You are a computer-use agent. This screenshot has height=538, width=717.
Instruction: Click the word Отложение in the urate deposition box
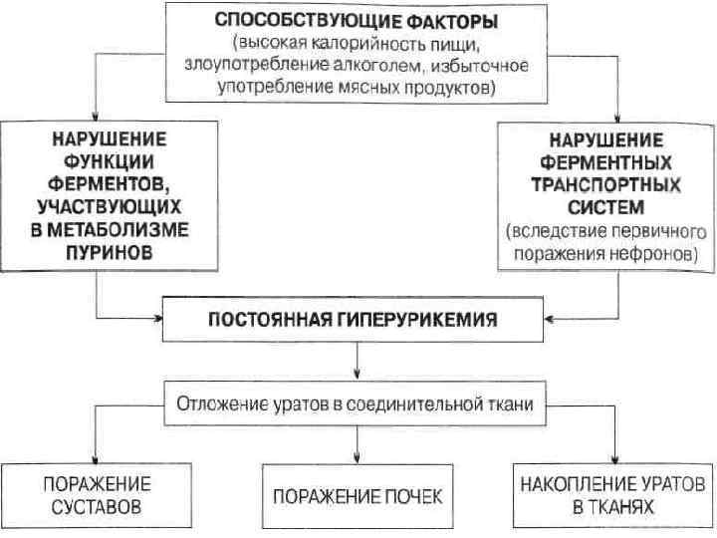click(x=221, y=404)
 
